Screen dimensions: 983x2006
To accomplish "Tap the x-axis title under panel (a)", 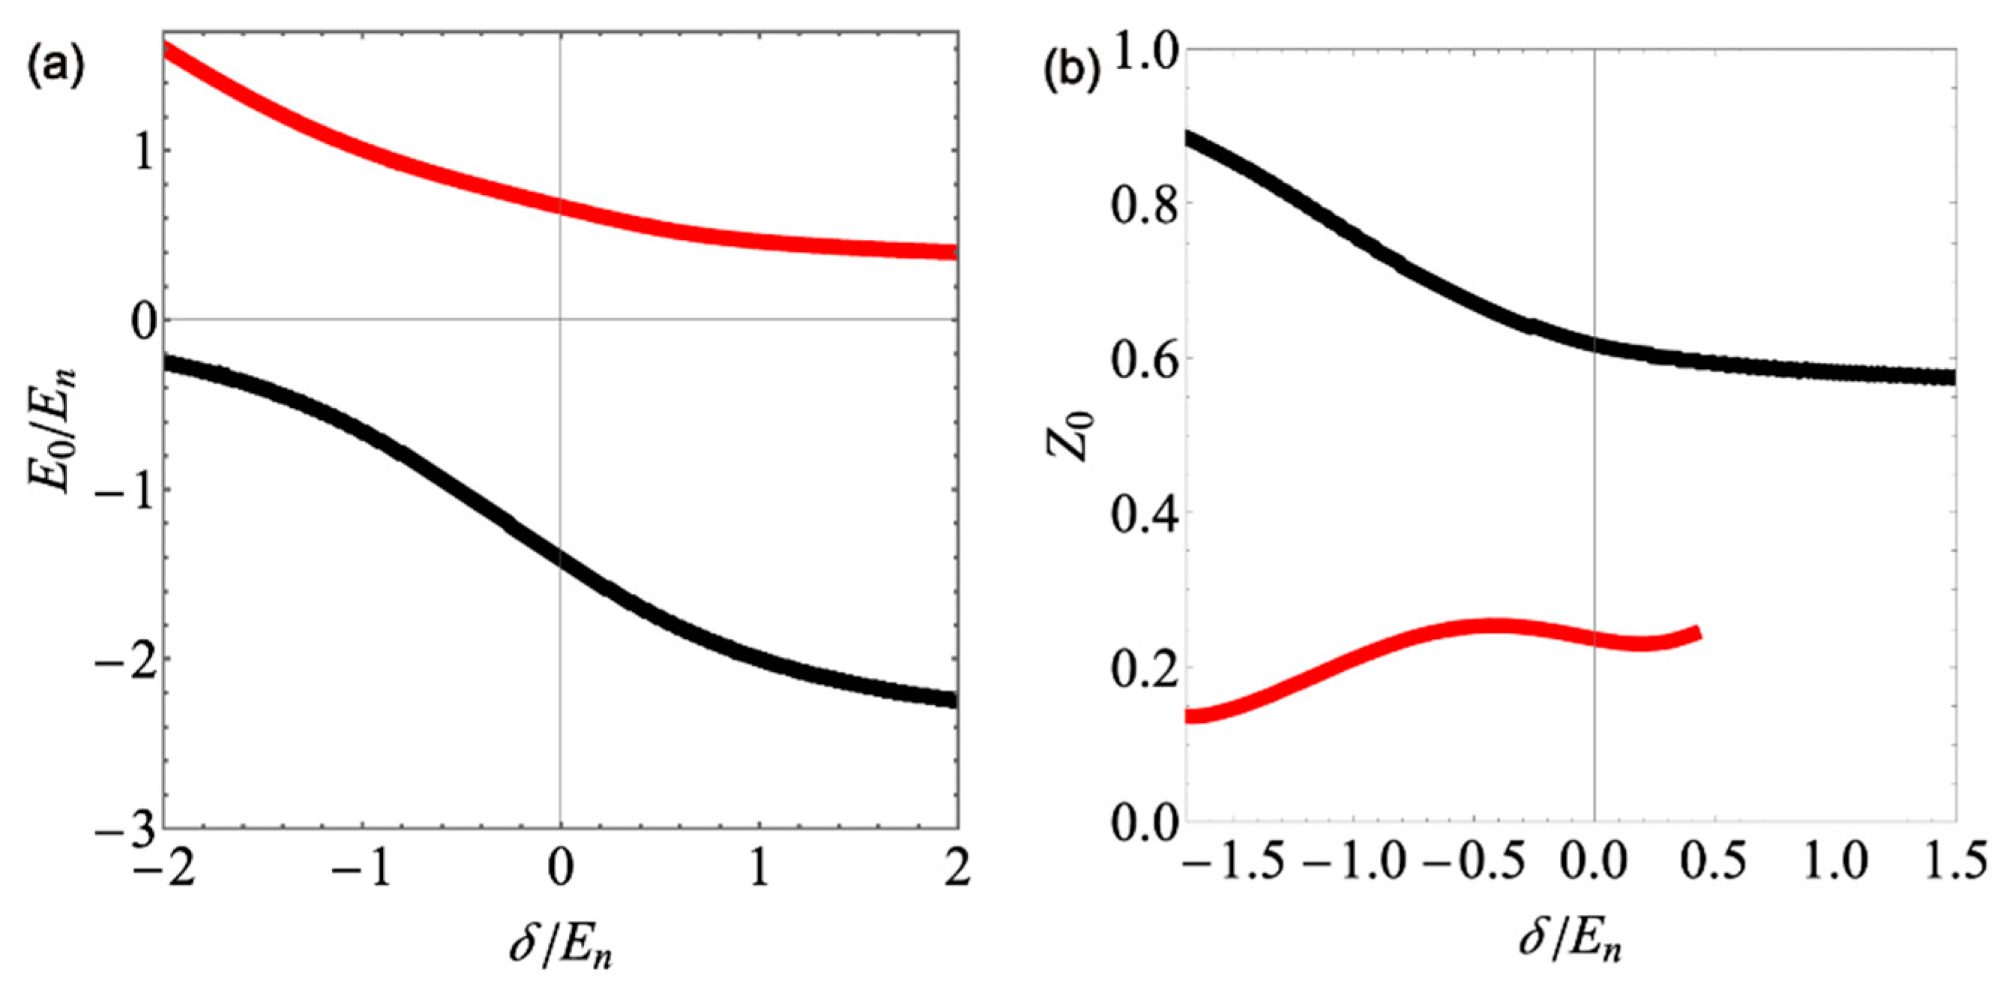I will [x=559, y=943].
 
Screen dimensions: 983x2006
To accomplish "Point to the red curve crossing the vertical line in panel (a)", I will [x=560, y=208].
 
